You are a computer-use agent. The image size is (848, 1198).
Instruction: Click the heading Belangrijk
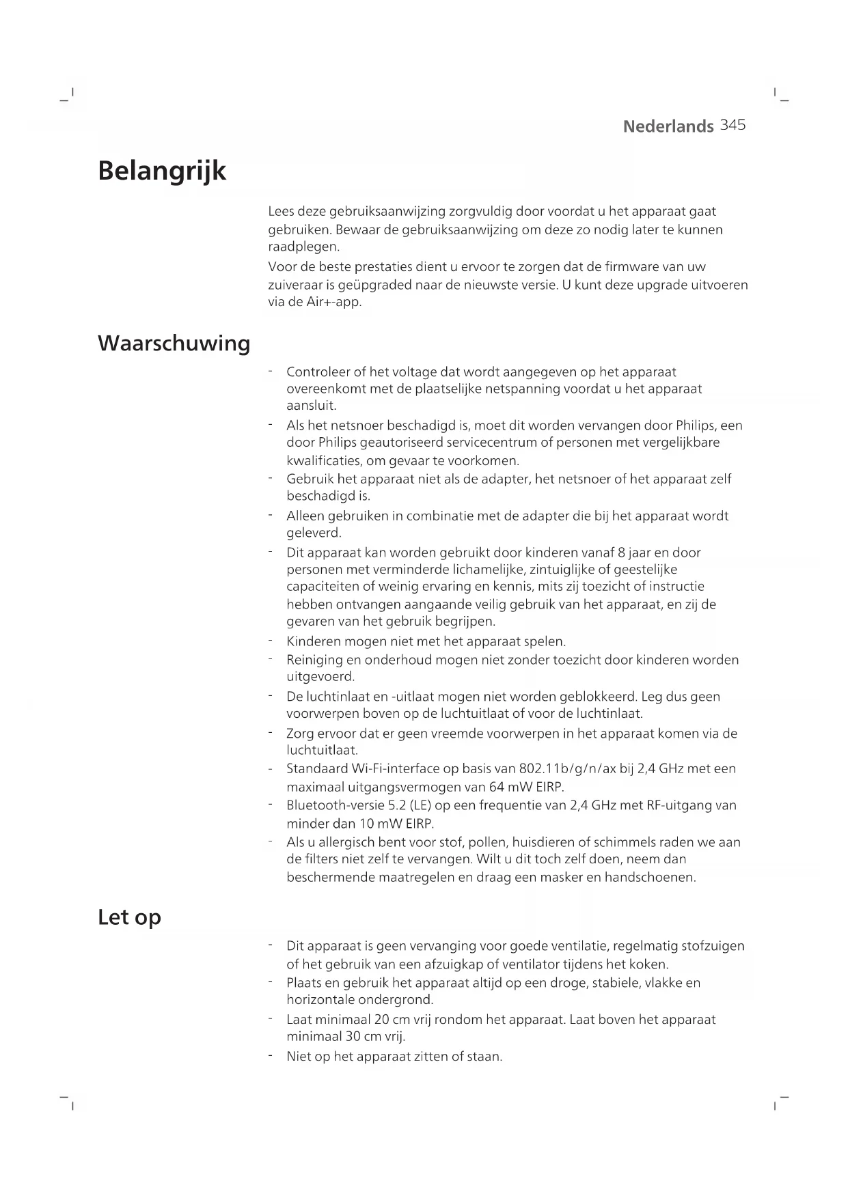(x=162, y=171)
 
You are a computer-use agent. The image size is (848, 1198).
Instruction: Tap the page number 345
(x=733, y=125)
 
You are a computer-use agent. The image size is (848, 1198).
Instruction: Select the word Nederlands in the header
(x=668, y=126)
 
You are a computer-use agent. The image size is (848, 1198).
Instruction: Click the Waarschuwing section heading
(x=174, y=343)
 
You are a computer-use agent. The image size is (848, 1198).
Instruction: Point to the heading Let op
(x=129, y=917)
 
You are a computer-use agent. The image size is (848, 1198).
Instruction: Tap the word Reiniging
(x=315, y=660)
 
